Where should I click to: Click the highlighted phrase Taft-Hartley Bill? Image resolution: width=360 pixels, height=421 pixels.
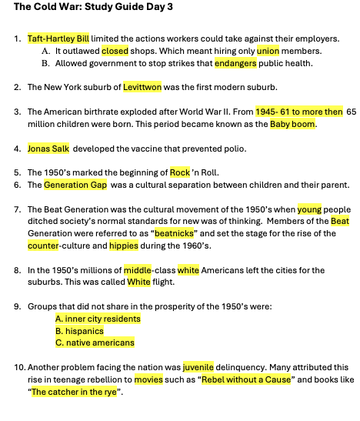click(x=58, y=38)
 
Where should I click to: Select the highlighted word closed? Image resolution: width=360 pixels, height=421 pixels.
click(x=115, y=51)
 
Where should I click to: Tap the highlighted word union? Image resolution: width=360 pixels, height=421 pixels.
click(x=268, y=51)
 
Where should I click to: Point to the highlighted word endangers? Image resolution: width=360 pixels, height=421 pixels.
click(x=235, y=63)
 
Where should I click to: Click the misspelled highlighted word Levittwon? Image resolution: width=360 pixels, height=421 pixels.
click(x=142, y=87)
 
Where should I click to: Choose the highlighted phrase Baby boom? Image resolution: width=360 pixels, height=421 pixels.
click(x=292, y=124)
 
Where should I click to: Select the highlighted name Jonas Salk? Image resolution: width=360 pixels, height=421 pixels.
click(x=48, y=149)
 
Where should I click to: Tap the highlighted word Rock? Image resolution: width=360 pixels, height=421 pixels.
click(x=180, y=172)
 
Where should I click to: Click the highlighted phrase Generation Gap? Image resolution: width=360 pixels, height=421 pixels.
click(x=75, y=185)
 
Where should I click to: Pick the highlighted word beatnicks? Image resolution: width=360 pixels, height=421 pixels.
click(x=174, y=233)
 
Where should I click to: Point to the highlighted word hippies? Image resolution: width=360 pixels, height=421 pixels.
click(x=124, y=246)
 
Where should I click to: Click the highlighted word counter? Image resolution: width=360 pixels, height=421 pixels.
click(x=43, y=246)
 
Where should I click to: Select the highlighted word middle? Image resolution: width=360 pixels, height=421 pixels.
click(x=138, y=270)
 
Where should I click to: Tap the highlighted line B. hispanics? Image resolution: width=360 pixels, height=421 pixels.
click(x=79, y=331)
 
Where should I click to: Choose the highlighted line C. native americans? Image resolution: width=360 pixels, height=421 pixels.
click(x=95, y=342)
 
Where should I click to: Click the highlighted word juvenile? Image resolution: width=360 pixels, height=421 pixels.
click(x=198, y=367)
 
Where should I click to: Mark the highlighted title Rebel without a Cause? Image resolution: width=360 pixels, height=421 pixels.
click(x=246, y=379)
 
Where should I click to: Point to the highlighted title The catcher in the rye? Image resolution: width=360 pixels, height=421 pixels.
click(x=74, y=392)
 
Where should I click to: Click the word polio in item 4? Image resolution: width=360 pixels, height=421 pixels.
click(x=235, y=149)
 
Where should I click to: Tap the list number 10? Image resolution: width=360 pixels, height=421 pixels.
click(x=19, y=367)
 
